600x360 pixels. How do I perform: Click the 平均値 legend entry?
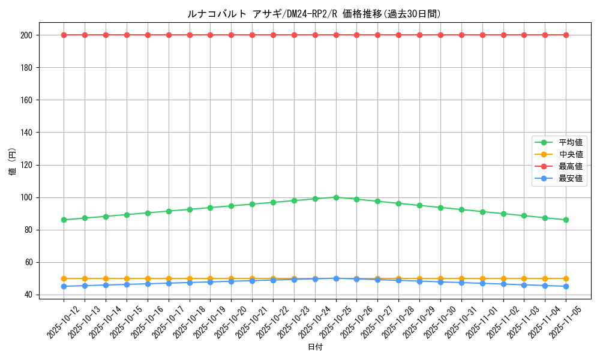(x=570, y=142)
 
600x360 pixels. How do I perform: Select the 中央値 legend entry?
(x=570, y=154)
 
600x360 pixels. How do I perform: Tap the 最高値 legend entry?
(x=570, y=166)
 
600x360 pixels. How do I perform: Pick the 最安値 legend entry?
(x=570, y=178)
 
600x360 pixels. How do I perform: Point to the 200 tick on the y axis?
(x=27, y=35)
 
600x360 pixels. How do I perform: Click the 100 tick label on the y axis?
(x=27, y=197)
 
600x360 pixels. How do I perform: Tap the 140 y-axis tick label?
(x=27, y=133)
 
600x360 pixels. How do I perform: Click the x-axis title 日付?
(x=315, y=347)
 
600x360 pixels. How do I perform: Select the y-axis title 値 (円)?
(x=13, y=162)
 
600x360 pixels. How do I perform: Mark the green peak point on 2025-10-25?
(x=336, y=197)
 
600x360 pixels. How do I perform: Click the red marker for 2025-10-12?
(x=64, y=35)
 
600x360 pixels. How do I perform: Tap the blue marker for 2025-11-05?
(x=566, y=286)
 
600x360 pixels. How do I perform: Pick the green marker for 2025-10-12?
(x=64, y=220)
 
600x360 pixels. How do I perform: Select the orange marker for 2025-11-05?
(x=566, y=278)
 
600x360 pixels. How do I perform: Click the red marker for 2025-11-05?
(x=566, y=35)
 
